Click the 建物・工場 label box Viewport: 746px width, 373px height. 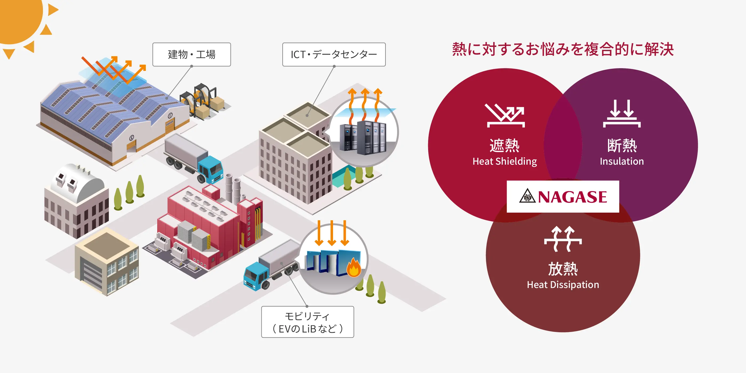pyautogui.click(x=191, y=54)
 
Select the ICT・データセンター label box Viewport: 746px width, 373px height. pyautogui.click(x=334, y=54)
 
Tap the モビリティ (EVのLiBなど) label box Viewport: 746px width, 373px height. pyautogui.click(x=307, y=322)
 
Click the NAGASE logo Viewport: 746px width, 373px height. pyautogui.click(x=563, y=197)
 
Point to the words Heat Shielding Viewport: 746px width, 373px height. pyautogui.click(x=504, y=161)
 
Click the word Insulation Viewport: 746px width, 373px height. pyautogui.click(x=622, y=161)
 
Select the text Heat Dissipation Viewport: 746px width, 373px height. pyautogui.click(x=563, y=285)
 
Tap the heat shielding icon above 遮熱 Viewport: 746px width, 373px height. pyautogui.click(x=505, y=116)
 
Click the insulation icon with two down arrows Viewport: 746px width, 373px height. pyautogui.click(x=622, y=114)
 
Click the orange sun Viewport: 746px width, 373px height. pyautogui.click(x=17, y=17)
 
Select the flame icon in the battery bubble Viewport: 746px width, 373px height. pyautogui.click(x=354, y=267)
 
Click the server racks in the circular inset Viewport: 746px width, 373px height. pyautogui.click(x=363, y=138)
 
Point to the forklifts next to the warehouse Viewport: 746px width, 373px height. pyautogui.click(x=203, y=101)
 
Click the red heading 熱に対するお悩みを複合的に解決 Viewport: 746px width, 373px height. pyautogui.click(x=563, y=49)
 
